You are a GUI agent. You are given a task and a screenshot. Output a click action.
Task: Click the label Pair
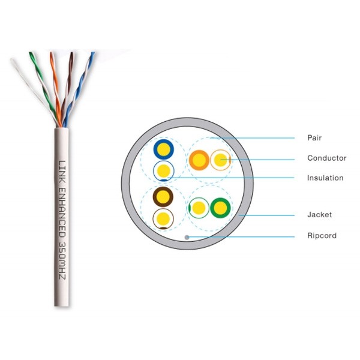click(314, 138)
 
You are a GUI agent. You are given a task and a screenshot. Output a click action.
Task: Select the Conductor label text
click(327, 158)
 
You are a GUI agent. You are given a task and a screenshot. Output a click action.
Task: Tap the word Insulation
click(325, 178)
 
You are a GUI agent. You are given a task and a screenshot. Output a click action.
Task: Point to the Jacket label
click(319, 215)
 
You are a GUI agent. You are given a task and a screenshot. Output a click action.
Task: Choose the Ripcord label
click(322, 235)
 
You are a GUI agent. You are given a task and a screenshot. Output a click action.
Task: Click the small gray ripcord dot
click(187, 237)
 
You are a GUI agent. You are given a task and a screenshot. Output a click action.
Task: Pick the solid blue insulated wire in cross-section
click(163, 149)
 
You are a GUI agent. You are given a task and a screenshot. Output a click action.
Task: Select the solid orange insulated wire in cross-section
click(199, 160)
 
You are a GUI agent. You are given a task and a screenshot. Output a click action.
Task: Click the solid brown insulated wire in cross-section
click(163, 197)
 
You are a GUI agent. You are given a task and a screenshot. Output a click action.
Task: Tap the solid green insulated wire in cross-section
click(220, 208)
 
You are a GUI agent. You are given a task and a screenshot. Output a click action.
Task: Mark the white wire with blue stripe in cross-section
click(163, 171)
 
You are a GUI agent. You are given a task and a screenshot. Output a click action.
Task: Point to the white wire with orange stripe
click(220, 160)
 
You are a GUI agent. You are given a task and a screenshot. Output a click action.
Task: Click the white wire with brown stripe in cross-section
click(163, 219)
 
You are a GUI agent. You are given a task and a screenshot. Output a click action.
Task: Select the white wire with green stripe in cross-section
click(199, 208)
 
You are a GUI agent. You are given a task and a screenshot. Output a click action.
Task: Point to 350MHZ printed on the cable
click(62, 261)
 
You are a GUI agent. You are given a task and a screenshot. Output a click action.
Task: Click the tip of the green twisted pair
click(31, 53)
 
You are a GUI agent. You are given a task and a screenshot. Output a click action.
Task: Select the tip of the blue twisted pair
click(93, 53)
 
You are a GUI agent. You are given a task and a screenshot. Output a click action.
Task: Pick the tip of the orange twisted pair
click(52, 53)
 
